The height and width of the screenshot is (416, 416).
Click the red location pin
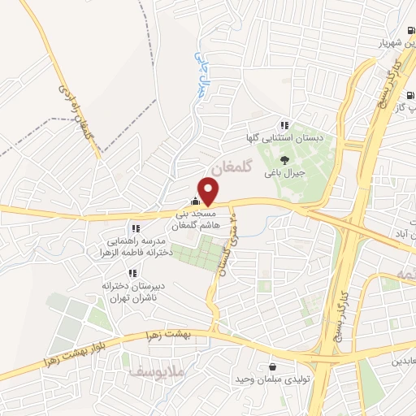209,190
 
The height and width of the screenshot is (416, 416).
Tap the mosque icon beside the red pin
193,201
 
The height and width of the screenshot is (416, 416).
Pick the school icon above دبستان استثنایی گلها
284,124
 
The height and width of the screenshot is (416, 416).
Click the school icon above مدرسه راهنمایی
135,228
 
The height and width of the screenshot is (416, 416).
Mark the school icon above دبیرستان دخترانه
133,274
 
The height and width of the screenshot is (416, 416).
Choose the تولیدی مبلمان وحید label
269,379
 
